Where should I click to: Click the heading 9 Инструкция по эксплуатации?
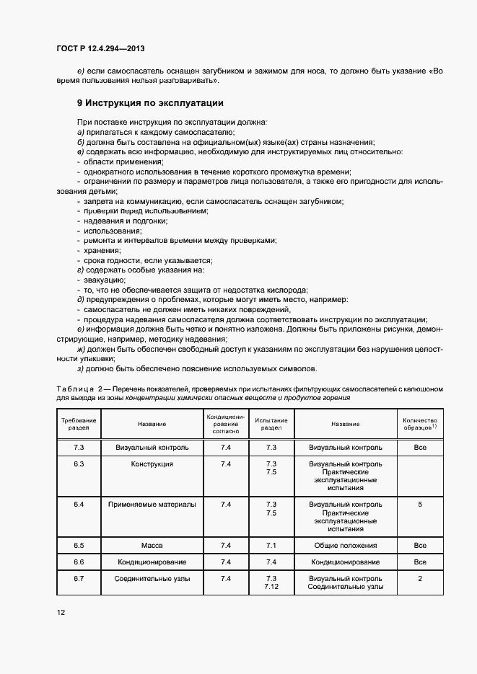coord(150,103)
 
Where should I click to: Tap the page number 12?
coord(61,613)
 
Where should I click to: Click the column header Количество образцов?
coord(420,424)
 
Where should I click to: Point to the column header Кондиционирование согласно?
coord(226,424)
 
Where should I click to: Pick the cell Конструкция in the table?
coord(152,464)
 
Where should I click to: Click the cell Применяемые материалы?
coord(152,505)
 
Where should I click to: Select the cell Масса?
coord(152,546)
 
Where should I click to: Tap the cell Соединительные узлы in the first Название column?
coord(152,579)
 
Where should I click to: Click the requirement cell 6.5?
coord(79,546)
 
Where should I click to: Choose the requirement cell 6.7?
coord(79,579)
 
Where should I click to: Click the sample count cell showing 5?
coord(420,505)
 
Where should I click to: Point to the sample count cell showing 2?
coord(420,579)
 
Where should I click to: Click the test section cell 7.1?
coord(271,546)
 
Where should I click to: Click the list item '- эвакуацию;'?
coord(101,280)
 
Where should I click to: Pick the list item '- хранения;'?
coord(98,250)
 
